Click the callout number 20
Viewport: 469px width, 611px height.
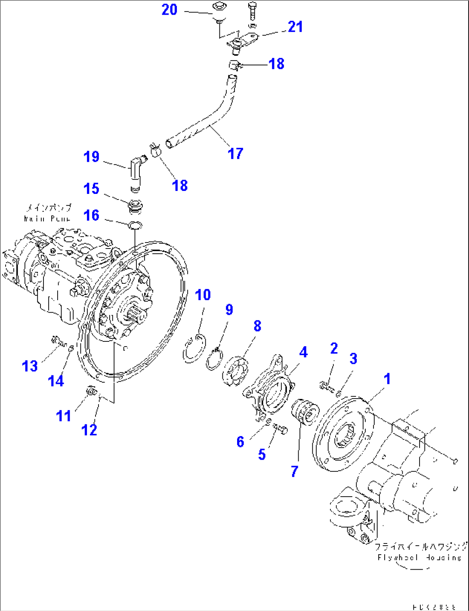coord(170,9)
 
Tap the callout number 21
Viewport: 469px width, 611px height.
coord(296,27)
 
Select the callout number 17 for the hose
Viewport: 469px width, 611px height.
coord(235,153)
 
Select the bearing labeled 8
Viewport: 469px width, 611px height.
coord(236,371)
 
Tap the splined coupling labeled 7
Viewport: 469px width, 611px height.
coord(305,414)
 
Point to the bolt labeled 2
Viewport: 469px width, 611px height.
coord(326,386)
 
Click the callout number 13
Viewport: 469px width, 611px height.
coord(30,366)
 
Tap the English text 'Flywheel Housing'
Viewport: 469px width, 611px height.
coord(419,558)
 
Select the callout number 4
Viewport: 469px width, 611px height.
coord(303,352)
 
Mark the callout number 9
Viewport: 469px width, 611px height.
coord(229,310)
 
